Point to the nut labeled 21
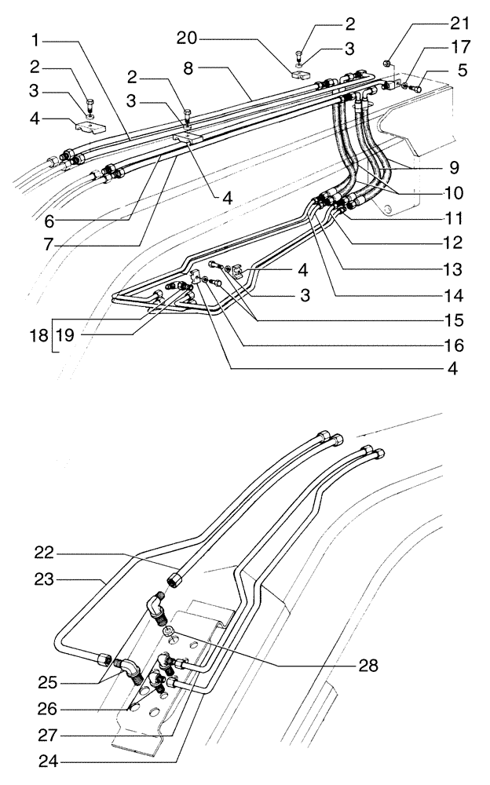[387, 63]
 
